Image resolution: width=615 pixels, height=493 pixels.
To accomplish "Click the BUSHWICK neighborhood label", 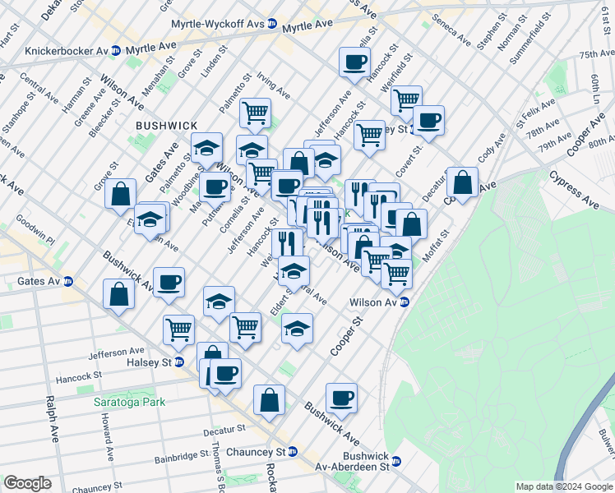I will click(x=166, y=125).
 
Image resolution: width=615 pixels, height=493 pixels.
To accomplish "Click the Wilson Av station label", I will click(x=375, y=302).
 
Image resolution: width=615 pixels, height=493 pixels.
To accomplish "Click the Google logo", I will click(x=27, y=483).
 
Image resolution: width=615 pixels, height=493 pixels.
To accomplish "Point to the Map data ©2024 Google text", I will click(x=563, y=486).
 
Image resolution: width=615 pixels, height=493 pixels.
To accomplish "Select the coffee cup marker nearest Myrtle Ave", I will click(x=354, y=62).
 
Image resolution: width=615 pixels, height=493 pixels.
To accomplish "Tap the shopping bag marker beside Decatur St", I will click(x=463, y=182).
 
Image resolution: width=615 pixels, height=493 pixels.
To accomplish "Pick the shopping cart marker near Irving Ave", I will click(x=255, y=112).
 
